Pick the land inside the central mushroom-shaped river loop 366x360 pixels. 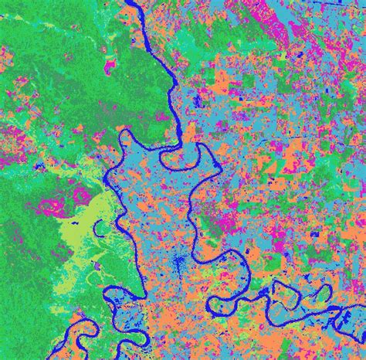pos(184,158)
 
